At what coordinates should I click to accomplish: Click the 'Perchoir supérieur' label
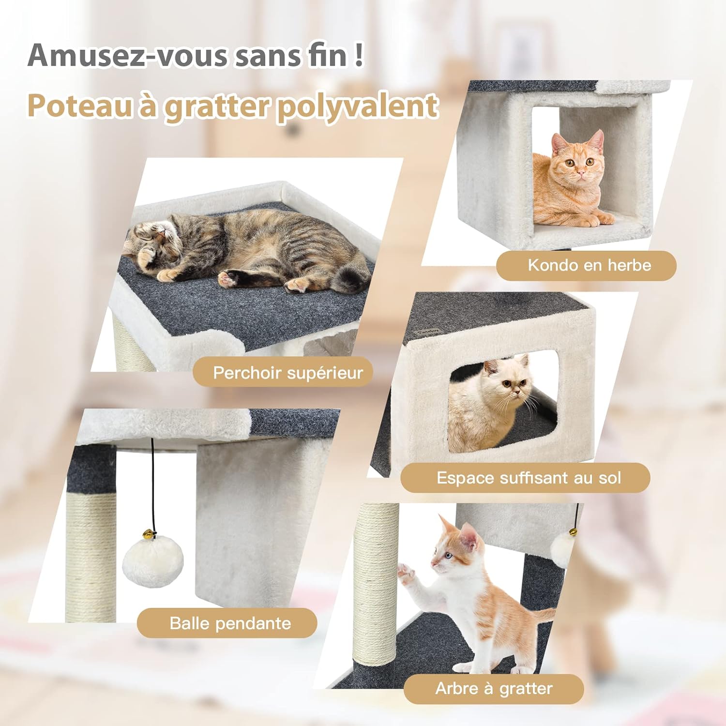(x=287, y=373)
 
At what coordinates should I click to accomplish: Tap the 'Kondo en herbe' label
(x=589, y=265)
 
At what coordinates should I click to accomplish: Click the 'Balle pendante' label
(x=230, y=623)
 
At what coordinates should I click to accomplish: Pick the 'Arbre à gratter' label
(x=494, y=688)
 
